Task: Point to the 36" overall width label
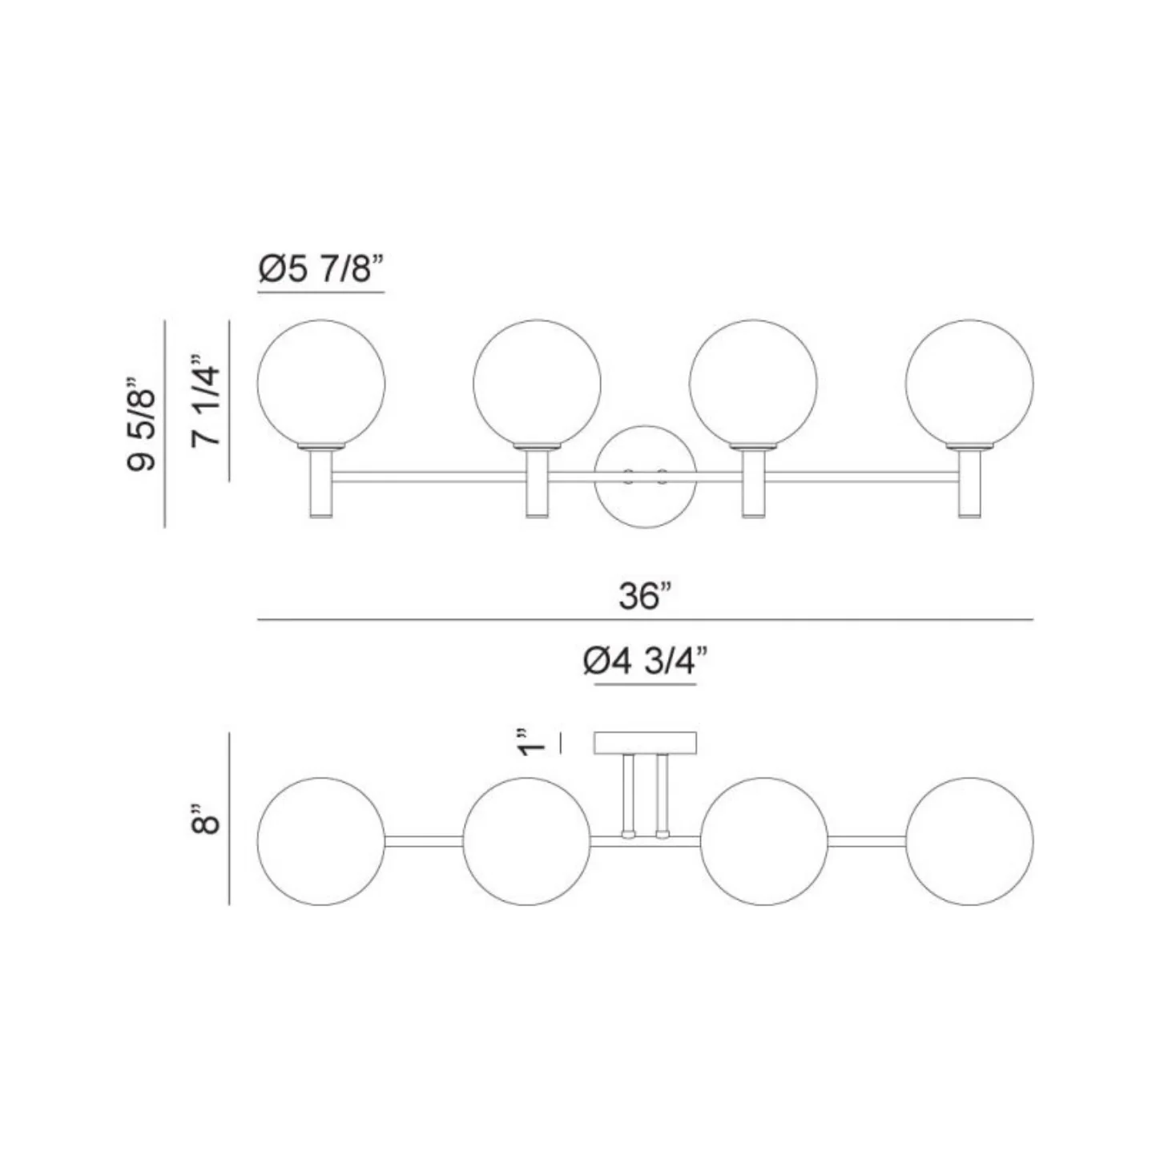(645, 597)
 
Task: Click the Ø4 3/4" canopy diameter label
(646, 663)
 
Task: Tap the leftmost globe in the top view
(320, 841)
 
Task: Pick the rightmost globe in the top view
(969, 841)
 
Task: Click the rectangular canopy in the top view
(645, 743)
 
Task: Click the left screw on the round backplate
(629, 477)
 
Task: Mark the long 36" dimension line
(645, 620)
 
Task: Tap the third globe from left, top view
(763, 841)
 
